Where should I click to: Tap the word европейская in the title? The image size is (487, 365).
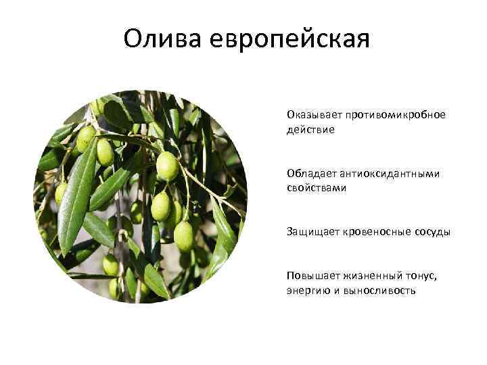coord(290,39)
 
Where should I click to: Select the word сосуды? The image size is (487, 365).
coord(432,232)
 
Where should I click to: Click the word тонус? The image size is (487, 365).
coord(423,276)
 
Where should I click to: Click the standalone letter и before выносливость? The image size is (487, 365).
coord(335,291)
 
